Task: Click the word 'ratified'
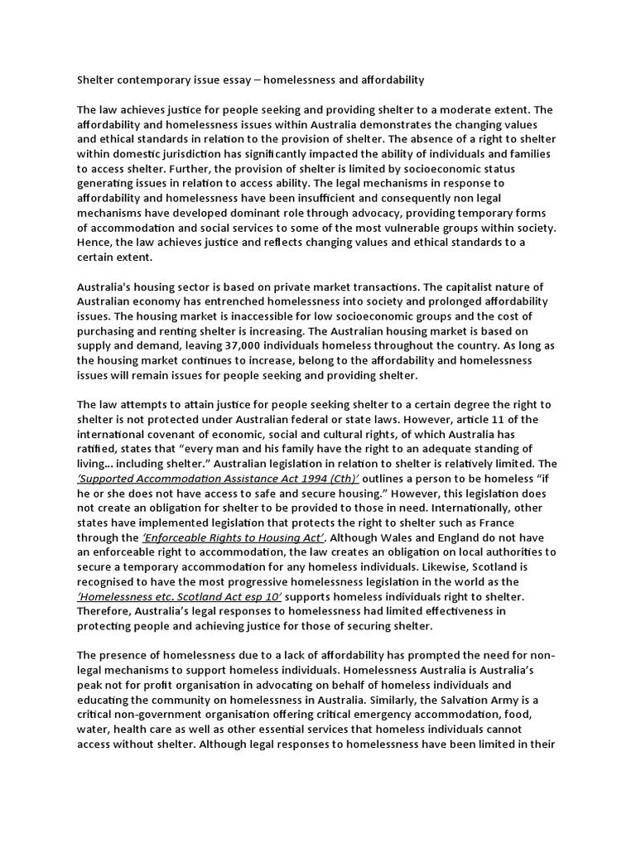click(98, 448)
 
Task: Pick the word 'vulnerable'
click(415, 227)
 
